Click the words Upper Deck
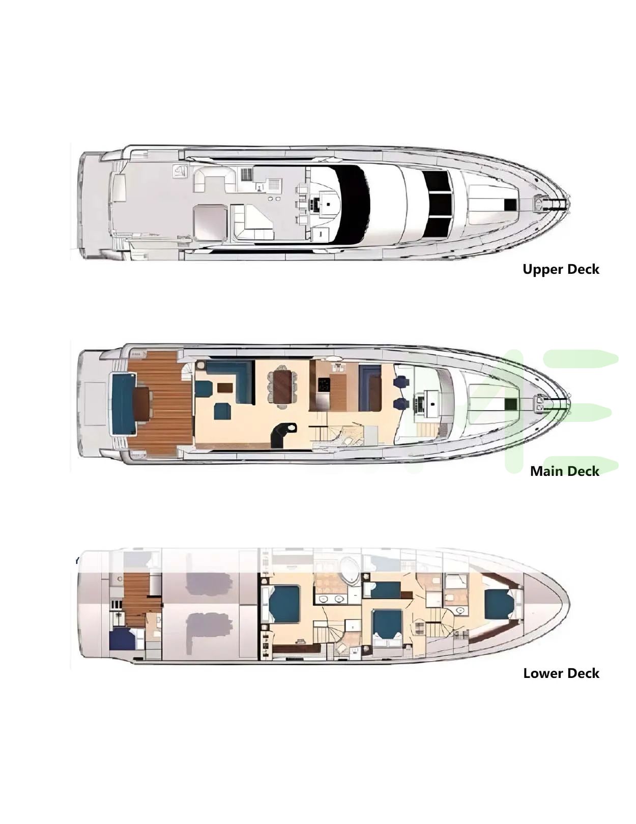pos(561,269)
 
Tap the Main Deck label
pos(564,471)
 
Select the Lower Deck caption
pos(561,673)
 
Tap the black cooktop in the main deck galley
pos(324,385)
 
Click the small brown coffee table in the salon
pos(225,388)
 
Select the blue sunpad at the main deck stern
pos(123,404)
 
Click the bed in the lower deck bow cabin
pos(499,604)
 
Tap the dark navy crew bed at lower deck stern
pos(122,639)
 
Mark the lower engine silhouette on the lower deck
pos(209,632)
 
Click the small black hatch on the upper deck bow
pos(510,205)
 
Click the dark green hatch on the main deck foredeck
pos(510,404)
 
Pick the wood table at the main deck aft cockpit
pos(142,404)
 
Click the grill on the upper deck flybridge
pos(247,174)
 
